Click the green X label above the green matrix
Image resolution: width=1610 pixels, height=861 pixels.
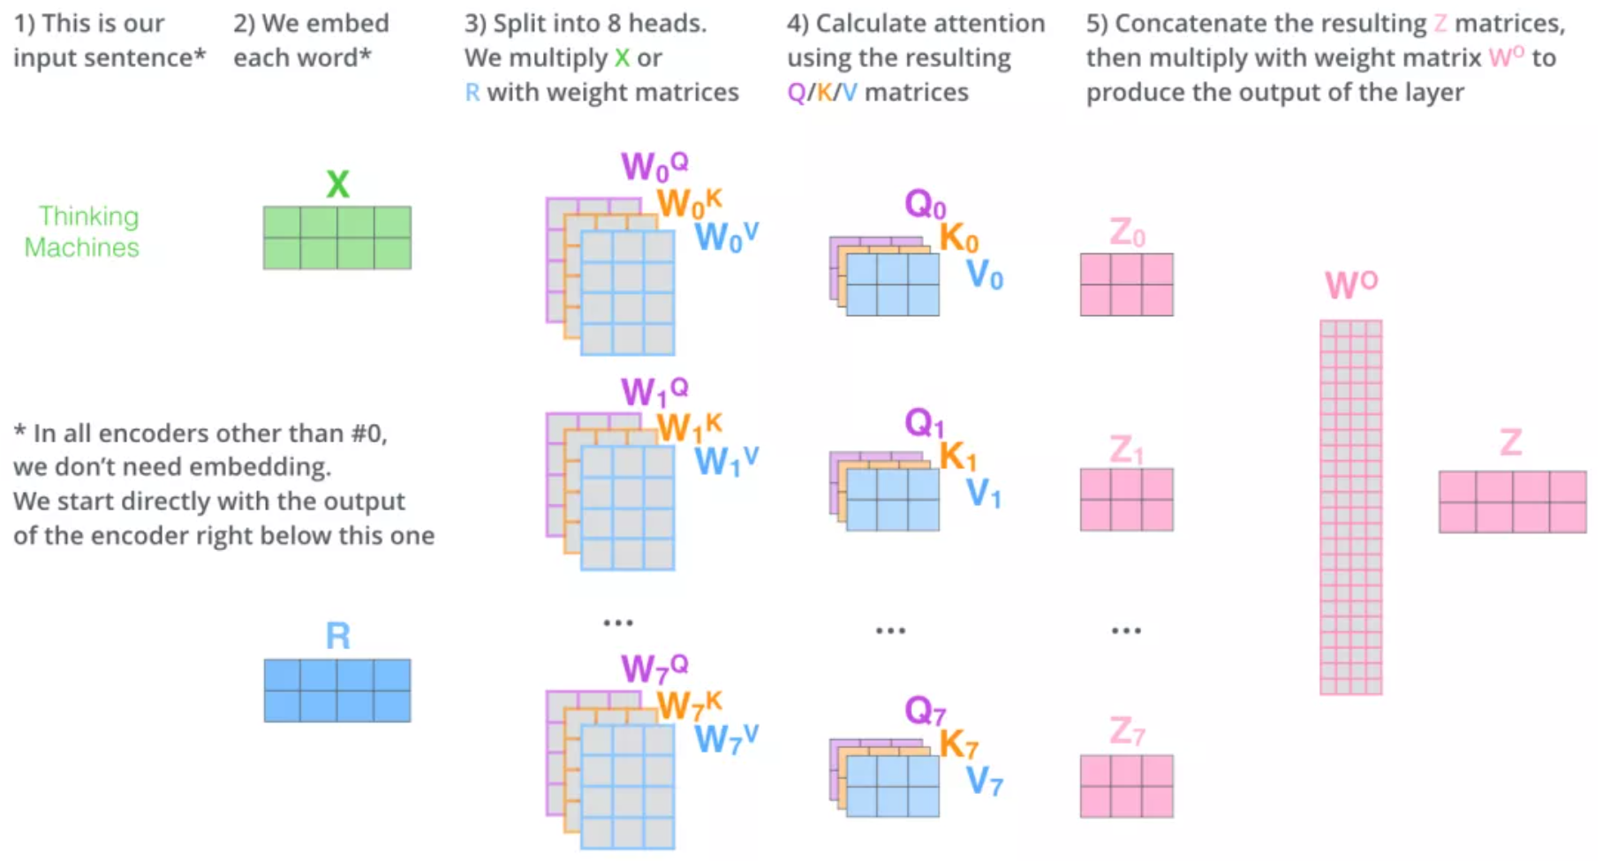tap(337, 185)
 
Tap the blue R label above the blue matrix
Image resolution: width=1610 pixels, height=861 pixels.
tap(337, 636)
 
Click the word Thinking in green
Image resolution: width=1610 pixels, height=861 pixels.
tap(88, 216)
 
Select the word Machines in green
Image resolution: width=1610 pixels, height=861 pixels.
tap(81, 247)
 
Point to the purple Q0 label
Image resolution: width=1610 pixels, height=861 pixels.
tap(925, 205)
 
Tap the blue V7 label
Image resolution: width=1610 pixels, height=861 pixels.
tap(984, 781)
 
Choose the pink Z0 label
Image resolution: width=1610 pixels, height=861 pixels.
tap(1127, 233)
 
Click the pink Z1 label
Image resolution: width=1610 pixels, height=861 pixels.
tap(1127, 450)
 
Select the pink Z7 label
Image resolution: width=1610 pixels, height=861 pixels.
tap(1127, 732)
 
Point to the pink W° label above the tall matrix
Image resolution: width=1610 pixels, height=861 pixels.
tap(1350, 284)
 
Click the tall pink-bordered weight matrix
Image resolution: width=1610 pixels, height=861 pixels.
tap(1350, 508)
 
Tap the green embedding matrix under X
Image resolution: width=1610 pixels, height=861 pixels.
tap(337, 238)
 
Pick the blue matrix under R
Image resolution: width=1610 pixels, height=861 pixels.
tap(337, 691)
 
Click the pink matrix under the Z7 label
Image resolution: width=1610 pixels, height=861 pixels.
tap(1127, 786)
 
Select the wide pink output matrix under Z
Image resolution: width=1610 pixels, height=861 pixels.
tap(1512, 502)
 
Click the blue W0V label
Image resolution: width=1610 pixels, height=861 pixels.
tap(726, 237)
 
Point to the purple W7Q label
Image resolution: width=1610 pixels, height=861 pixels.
tap(654, 668)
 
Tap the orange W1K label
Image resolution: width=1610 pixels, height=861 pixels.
tap(689, 428)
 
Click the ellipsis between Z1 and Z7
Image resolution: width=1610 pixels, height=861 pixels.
tap(1126, 631)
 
